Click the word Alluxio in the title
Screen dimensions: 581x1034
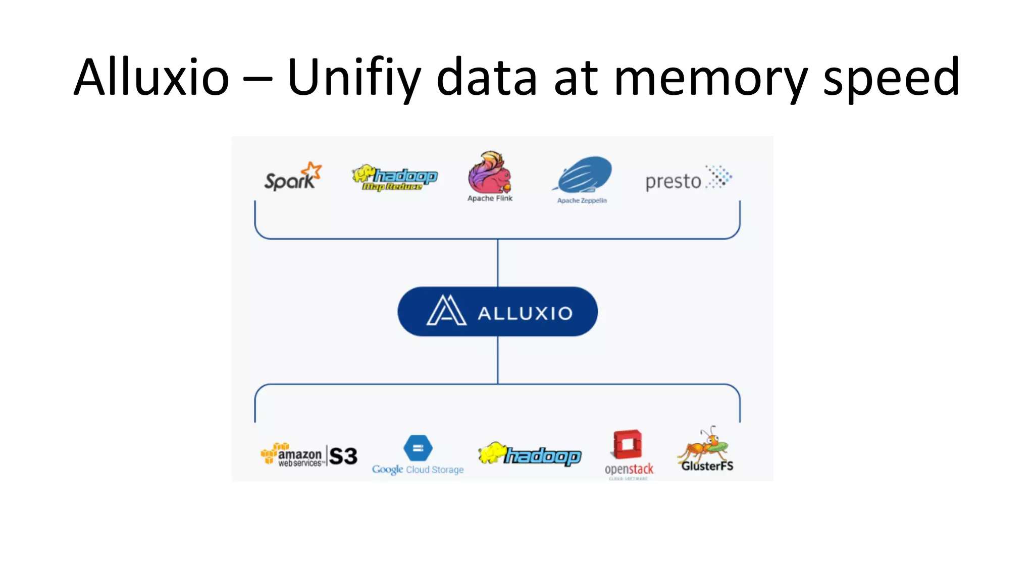(151, 78)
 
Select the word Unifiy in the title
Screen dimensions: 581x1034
(353, 78)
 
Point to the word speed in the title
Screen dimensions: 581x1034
(891, 78)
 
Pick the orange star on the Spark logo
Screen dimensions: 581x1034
(313, 170)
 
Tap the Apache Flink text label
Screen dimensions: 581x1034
(490, 199)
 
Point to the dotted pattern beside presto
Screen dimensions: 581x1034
(718, 177)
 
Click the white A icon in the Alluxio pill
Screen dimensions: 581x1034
(446, 311)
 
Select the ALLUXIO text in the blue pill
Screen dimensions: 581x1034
(525, 314)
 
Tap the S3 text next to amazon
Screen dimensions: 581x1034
(343, 456)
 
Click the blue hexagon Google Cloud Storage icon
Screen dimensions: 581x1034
(418, 448)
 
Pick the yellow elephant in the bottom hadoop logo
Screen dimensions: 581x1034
(491, 453)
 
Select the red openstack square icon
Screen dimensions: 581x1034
(628, 444)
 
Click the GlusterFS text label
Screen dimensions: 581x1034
(707, 466)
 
